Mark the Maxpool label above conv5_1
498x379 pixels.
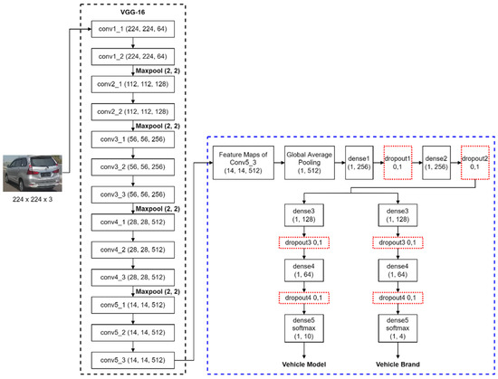159,290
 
